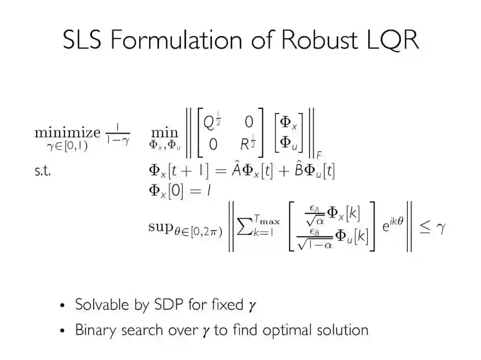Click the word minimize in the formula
tap(67, 133)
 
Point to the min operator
tap(164, 133)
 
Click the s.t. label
tap(42, 171)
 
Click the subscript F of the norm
tap(319, 155)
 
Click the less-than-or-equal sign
tap(424, 228)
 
